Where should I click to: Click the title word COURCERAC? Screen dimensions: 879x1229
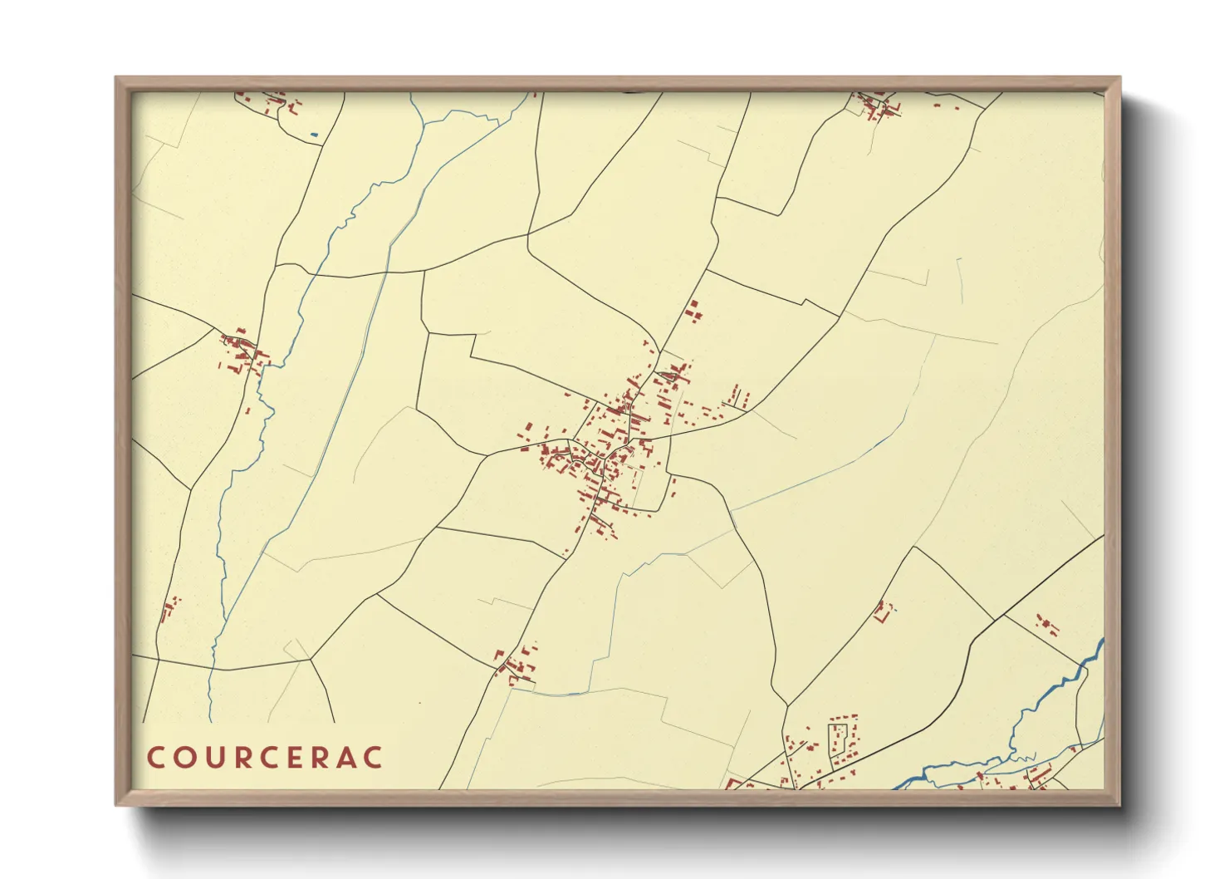(x=266, y=758)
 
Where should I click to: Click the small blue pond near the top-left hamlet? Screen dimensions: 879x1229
(x=313, y=135)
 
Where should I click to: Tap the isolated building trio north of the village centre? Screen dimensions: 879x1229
(x=693, y=311)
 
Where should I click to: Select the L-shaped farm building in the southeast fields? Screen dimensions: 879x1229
(x=882, y=612)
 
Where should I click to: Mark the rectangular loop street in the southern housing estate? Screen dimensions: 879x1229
(x=840, y=739)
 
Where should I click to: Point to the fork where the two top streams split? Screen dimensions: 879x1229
(x=424, y=125)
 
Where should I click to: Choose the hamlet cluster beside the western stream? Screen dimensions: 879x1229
(x=242, y=354)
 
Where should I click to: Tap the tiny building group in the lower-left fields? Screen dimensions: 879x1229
(x=169, y=608)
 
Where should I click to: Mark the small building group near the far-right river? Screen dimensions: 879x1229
(x=1046, y=625)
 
